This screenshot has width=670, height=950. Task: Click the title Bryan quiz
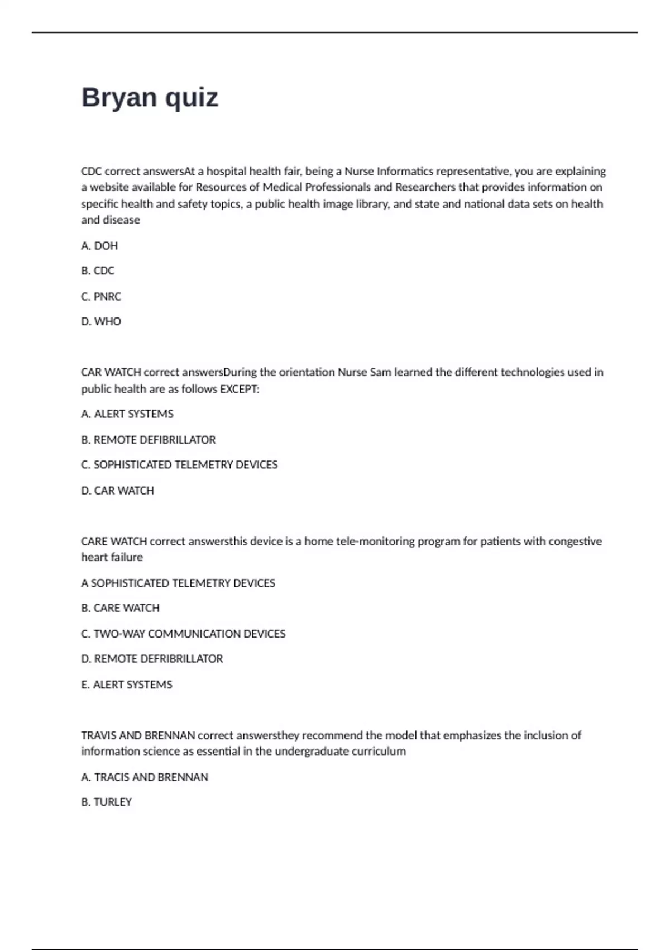(150, 98)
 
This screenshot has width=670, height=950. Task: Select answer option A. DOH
(99, 246)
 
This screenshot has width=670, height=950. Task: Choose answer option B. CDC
(98, 271)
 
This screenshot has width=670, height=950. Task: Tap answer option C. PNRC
(101, 297)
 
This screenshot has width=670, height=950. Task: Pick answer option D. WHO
(101, 322)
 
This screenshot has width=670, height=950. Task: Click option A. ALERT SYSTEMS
(127, 414)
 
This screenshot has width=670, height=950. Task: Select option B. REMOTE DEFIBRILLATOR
(149, 440)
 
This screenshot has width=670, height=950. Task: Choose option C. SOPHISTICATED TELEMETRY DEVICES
(179, 465)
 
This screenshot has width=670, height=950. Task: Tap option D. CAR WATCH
(117, 491)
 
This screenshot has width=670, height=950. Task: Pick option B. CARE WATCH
(120, 608)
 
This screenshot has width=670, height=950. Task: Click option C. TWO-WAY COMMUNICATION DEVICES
(183, 634)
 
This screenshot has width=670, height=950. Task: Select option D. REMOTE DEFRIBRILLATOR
(152, 659)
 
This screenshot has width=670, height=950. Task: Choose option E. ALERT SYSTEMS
(127, 685)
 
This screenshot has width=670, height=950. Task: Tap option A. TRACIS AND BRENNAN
(145, 777)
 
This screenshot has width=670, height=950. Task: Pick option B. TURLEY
(106, 802)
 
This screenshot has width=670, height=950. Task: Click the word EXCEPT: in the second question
(240, 389)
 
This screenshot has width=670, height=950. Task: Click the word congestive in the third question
(575, 541)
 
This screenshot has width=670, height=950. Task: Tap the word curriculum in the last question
(379, 752)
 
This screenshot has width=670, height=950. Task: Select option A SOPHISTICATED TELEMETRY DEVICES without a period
(178, 583)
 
